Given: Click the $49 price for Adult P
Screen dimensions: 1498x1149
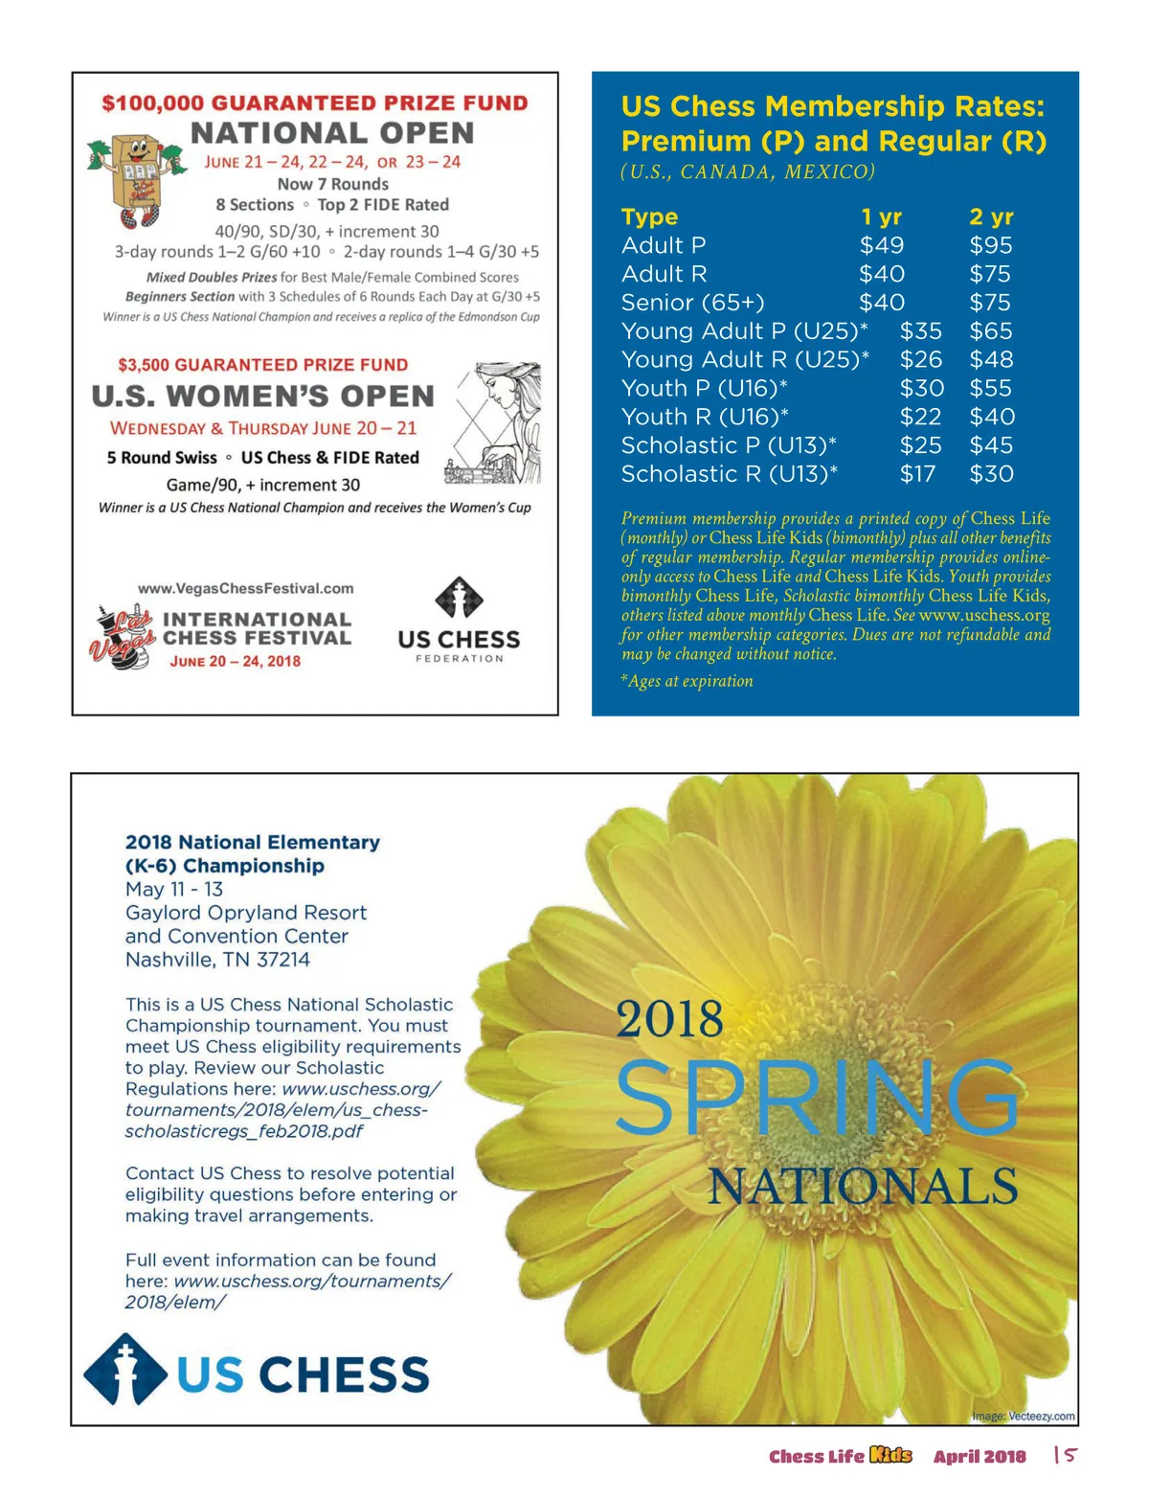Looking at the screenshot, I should [x=881, y=246].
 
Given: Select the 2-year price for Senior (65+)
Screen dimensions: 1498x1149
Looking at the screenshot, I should [x=990, y=303].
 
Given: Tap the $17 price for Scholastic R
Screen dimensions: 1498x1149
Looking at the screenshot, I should [x=917, y=474].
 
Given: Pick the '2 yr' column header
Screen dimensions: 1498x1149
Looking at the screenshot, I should [x=991, y=217].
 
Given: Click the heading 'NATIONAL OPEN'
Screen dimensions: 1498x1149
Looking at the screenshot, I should [x=332, y=133].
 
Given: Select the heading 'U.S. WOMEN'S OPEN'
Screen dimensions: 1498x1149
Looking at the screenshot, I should [x=263, y=397].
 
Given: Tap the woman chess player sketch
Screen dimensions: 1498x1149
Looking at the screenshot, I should [x=494, y=421].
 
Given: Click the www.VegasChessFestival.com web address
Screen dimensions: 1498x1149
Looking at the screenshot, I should [x=246, y=589].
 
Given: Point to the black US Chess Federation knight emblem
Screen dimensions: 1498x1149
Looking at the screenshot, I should [x=459, y=600].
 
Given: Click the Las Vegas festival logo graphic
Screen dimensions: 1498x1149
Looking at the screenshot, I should [x=124, y=636].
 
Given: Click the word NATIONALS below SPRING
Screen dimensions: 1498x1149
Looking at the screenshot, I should [x=862, y=1187].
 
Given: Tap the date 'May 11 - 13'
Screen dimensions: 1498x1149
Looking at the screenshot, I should [x=174, y=890].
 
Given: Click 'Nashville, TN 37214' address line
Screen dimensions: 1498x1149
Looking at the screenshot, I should [x=217, y=960].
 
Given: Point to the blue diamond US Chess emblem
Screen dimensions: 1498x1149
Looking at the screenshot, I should [x=125, y=1371].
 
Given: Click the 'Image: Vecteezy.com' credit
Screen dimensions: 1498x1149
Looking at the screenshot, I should [x=1023, y=1416].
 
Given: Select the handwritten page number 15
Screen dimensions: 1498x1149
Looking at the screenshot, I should [x=1066, y=1455].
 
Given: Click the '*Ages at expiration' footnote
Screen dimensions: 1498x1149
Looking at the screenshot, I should [x=687, y=681].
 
